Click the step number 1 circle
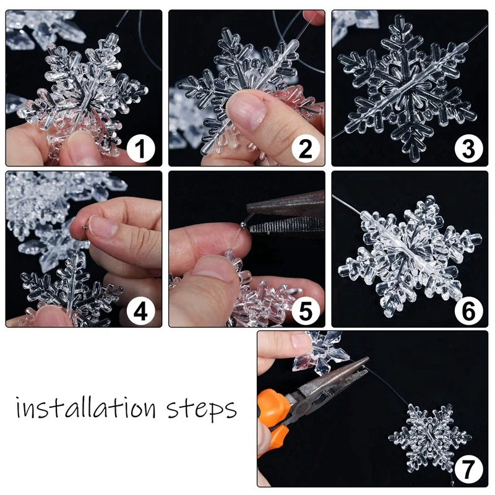(142, 149)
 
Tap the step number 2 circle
(306, 149)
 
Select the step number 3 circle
(468, 149)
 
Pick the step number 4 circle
(142, 311)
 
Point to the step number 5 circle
(306, 311)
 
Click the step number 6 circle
(468, 311)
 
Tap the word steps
(202, 410)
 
